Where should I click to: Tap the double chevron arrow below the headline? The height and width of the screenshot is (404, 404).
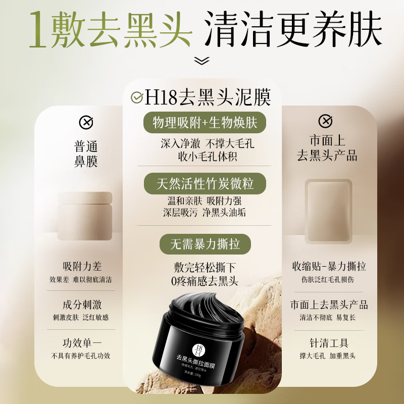click(202, 61)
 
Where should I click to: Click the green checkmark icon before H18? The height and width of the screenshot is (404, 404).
click(137, 97)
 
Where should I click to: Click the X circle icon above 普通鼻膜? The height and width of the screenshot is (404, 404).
click(86, 122)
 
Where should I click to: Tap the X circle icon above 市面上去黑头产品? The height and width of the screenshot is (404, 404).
click(325, 121)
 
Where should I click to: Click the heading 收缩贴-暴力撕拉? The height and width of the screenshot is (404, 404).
click(329, 266)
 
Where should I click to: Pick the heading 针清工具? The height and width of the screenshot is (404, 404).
click(329, 343)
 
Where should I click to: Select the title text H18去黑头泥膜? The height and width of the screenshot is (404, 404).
click(208, 97)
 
